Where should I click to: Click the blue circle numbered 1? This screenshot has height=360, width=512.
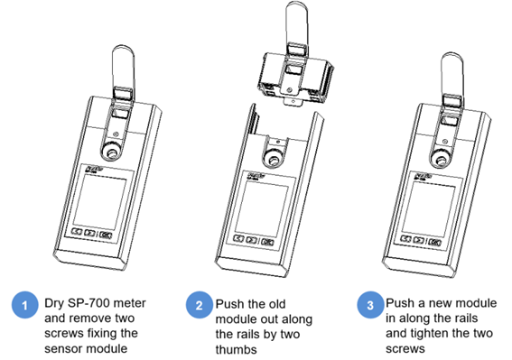[24, 305]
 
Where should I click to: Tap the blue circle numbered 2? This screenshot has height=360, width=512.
[200, 305]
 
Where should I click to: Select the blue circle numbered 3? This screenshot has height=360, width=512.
[370, 305]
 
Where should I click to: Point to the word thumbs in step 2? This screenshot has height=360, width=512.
[236, 349]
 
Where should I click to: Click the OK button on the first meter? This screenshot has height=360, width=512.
[106, 235]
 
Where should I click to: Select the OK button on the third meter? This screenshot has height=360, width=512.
[434, 242]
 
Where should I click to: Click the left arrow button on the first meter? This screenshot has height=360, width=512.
[77, 231]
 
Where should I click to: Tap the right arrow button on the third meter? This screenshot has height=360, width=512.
[419, 240]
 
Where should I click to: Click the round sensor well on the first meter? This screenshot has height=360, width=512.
[112, 152]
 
